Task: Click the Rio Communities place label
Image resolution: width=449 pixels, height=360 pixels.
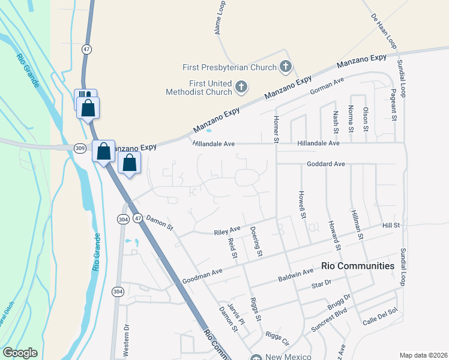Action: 358,265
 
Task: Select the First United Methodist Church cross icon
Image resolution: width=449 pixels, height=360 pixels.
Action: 241,88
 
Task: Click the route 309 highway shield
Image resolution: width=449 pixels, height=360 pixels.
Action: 80,148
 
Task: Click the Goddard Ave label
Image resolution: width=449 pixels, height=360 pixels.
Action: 326,164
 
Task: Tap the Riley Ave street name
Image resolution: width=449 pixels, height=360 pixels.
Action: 227,230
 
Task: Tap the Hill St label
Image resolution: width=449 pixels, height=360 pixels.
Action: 391,224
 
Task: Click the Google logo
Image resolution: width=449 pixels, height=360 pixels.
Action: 20,353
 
